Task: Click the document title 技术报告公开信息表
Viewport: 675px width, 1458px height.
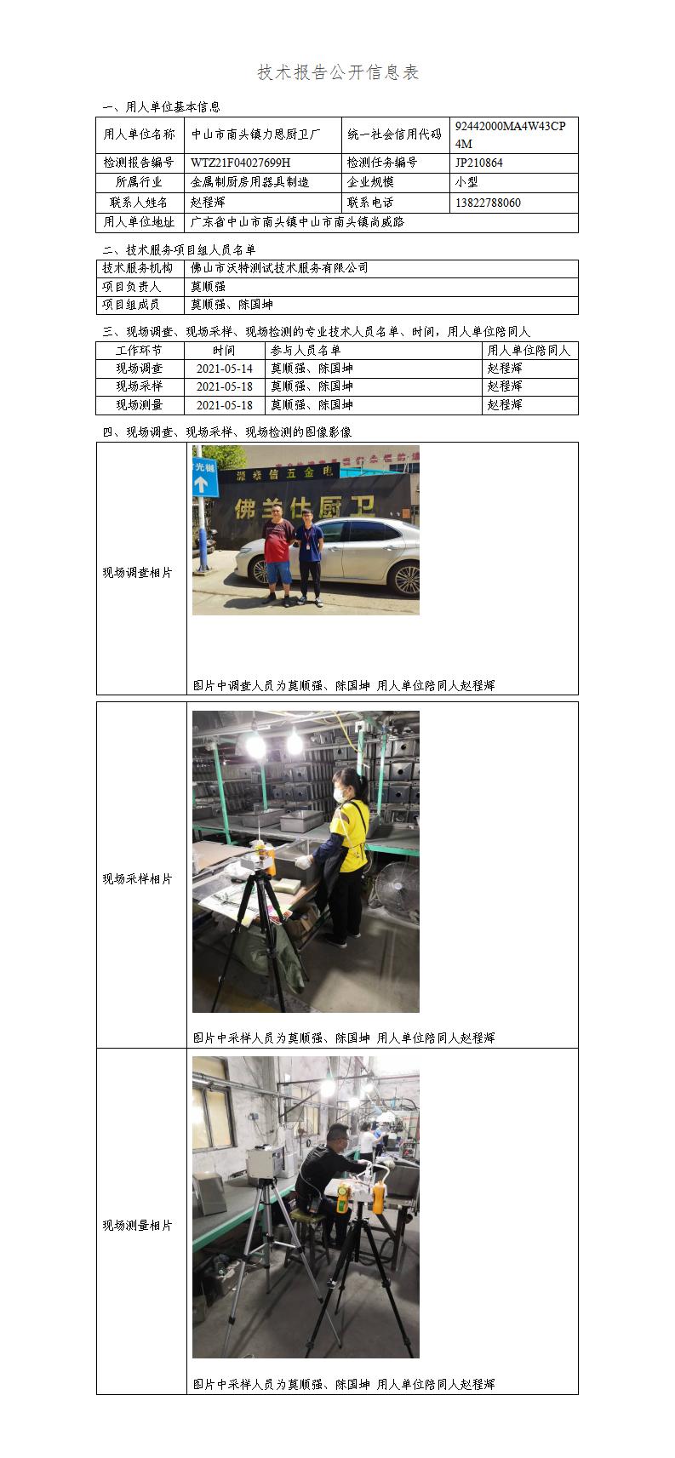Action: tap(337, 72)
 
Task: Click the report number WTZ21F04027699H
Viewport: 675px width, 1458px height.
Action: tap(240, 163)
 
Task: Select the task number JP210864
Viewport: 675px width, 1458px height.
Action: tap(478, 163)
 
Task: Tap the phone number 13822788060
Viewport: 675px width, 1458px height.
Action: tap(488, 203)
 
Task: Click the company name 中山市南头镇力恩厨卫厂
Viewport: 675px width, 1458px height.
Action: tap(255, 134)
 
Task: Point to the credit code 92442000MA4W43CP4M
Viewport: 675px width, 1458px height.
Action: tap(511, 134)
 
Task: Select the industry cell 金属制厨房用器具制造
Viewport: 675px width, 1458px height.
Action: tap(249, 182)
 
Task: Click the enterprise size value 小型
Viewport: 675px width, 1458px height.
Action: tap(466, 182)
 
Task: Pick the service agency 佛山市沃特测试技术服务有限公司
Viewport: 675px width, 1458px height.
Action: tap(279, 268)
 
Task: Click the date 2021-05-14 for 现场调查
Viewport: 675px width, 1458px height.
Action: tap(224, 369)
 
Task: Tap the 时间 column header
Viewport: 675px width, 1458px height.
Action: tap(224, 351)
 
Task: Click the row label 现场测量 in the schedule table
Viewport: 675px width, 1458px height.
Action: tap(140, 405)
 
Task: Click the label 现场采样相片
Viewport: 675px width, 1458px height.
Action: tap(137, 879)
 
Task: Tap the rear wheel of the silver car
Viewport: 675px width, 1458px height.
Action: tap(404, 580)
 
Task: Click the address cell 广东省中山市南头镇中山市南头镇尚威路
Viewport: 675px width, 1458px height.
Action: tap(297, 223)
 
